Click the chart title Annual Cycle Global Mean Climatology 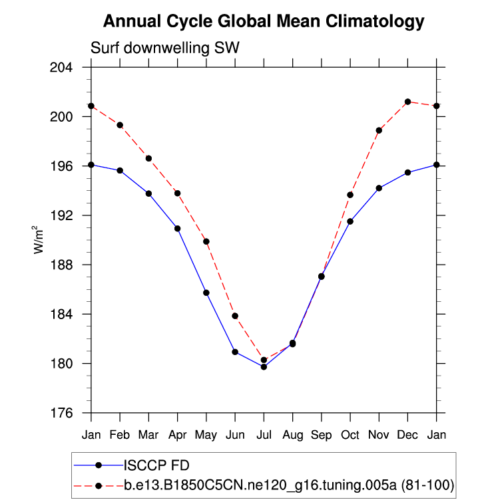pyautogui.click(x=264, y=22)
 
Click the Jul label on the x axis pyautogui.click(x=264, y=435)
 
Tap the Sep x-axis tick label pyautogui.click(x=322, y=435)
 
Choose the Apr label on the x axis pyautogui.click(x=178, y=435)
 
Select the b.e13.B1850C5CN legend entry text pyautogui.click(x=290, y=486)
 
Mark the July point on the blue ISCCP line pyautogui.click(x=264, y=366)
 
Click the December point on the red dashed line pyautogui.click(x=407, y=102)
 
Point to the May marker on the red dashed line pyautogui.click(x=206, y=241)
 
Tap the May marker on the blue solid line pyautogui.click(x=206, y=293)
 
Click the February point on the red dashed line pyautogui.click(x=120, y=125)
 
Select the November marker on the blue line pyautogui.click(x=379, y=188)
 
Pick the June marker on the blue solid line pyautogui.click(x=235, y=352)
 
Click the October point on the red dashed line pyautogui.click(x=350, y=195)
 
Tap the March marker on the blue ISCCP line pyautogui.click(x=148, y=193)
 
